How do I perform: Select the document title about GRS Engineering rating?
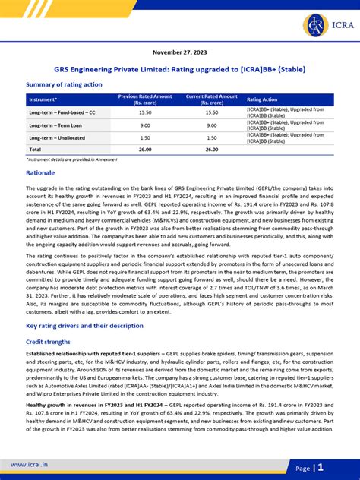point(179,69)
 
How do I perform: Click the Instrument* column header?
point(43,99)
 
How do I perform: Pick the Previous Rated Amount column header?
point(146,99)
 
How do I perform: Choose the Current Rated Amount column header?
point(211,99)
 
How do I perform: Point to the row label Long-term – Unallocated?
point(60,137)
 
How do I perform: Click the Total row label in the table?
point(36,150)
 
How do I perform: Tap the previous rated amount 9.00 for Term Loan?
point(145,125)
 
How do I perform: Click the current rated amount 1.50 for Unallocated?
point(211,137)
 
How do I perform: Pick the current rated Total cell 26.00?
point(211,150)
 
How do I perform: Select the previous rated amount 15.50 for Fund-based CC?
point(145,112)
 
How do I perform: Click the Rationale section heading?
point(41,173)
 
